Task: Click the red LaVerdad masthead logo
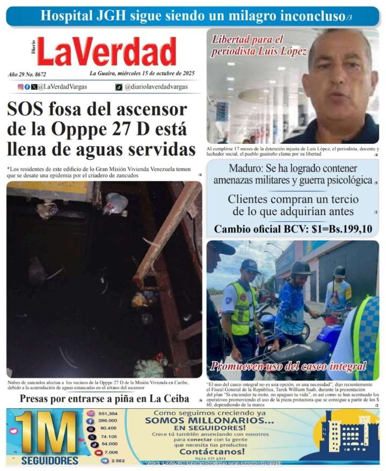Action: point(106,52)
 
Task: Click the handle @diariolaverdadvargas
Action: point(156,86)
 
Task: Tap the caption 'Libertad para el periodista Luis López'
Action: point(259,46)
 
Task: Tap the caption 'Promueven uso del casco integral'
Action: point(288,367)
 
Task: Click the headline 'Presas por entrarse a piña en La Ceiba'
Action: point(104,399)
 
